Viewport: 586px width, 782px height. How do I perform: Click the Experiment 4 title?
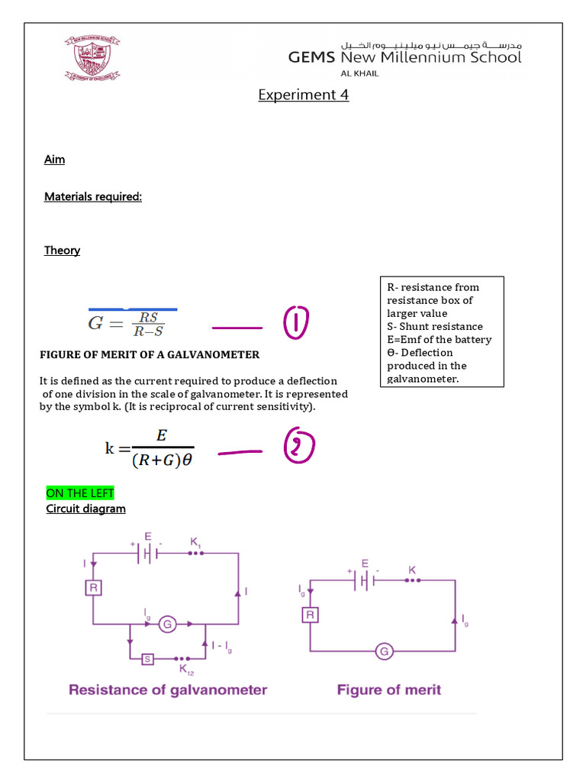click(303, 95)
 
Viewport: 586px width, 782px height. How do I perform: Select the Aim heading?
click(54, 159)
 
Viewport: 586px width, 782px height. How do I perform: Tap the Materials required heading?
click(93, 196)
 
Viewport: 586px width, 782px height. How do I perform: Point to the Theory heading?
click(62, 250)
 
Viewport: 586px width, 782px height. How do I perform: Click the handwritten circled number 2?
click(298, 448)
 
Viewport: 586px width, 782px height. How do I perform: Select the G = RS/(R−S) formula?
click(127, 322)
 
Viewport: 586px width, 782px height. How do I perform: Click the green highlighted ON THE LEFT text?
click(79, 493)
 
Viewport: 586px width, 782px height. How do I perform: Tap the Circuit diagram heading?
click(85, 509)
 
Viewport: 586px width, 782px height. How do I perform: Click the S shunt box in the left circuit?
click(147, 658)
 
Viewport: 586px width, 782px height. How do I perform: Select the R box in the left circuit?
click(93, 588)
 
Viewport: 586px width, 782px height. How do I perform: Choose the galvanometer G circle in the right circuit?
click(384, 651)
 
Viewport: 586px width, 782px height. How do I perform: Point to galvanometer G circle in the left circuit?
click(167, 625)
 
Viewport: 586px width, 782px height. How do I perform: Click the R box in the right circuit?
click(311, 615)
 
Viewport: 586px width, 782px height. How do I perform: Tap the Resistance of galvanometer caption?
click(168, 690)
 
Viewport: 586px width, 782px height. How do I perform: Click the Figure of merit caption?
click(388, 690)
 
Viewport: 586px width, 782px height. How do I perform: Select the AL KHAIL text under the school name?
click(359, 73)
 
